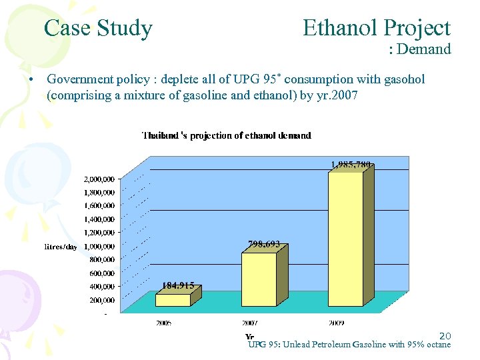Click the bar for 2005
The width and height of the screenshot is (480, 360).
(x=173, y=300)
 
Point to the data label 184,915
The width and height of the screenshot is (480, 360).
(x=178, y=285)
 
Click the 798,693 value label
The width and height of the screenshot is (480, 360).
(x=264, y=245)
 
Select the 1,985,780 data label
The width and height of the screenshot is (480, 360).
(x=351, y=164)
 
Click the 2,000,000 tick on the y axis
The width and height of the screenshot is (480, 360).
(x=99, y=179)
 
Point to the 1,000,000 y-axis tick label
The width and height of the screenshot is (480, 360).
(x=99, y=246)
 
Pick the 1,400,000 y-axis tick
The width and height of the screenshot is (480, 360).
(x=99, y=219)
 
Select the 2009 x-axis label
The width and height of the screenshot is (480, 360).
(x=336, y=323)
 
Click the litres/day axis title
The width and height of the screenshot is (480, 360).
(x=61, y=247)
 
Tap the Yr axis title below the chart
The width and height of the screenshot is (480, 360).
(x=249, y=337)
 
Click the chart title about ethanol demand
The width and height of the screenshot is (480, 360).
(x=226, y=135)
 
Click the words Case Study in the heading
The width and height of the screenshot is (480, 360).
(x=98, y=28)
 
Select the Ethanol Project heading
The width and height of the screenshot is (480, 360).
(x=376, y=28)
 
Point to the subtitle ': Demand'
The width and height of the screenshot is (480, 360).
(x=420, y=49)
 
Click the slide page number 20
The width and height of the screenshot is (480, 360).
(x=445, y=336)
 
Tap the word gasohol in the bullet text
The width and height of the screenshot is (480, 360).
(x=401, y=80)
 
